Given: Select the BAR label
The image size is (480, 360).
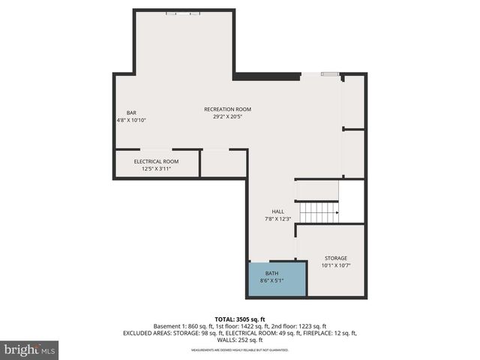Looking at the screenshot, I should tap(131, 112).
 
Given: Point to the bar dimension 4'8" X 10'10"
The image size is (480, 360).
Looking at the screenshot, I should tap(131, 120).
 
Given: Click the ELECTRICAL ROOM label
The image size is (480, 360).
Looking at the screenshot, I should tap(156, 161).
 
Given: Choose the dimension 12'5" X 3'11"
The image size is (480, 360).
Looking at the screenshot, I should tap(156, 169).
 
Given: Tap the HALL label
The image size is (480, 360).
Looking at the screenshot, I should tap(277, 211).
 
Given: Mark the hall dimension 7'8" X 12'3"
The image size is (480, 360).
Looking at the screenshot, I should tap(277, 219).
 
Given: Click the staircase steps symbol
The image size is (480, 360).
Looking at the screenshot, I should tap(318, 213).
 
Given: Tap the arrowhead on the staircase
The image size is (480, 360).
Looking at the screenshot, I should tap(337, 213).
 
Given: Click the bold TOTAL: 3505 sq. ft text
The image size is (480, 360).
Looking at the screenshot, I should tap(240, 319).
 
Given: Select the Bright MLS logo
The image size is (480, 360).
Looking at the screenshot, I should tap(30, 349).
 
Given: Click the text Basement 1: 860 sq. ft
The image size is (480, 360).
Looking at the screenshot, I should tap(183, 326).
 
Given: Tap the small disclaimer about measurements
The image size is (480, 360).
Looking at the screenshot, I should tap(240, 350).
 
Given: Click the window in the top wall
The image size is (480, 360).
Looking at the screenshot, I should tap(184, 13).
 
